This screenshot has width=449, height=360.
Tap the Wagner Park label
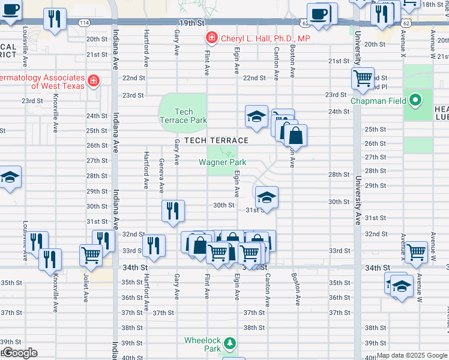coord(223,162)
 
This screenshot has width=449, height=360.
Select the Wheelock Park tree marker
coord(229,344)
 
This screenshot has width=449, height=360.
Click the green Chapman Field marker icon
coord(415,100)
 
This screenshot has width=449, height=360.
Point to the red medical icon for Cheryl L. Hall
coord(211,38)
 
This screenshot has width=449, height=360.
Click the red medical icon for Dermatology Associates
coord(93,80)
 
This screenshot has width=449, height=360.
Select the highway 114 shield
coord(84,22)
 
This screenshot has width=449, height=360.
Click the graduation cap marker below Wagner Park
coord(267,196)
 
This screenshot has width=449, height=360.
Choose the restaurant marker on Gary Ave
coord(172,211)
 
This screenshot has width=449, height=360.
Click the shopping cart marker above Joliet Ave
coord(91,254)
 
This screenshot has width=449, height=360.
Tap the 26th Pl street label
coord(375,154)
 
